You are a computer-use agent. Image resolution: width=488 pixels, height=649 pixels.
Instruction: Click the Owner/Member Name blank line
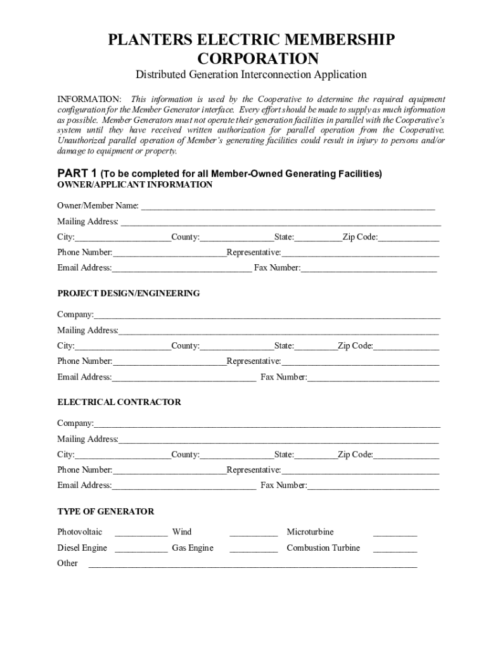[287, 207]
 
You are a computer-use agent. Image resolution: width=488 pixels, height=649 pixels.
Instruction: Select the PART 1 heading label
[77, 173]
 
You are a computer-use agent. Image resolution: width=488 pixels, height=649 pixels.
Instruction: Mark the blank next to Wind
[254, 533]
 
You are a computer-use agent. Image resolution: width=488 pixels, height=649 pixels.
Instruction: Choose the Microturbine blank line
[395, 533]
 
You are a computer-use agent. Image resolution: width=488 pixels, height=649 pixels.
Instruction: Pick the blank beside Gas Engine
[254, 549]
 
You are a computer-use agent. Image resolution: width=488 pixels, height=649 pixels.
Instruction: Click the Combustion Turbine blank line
[395, 549]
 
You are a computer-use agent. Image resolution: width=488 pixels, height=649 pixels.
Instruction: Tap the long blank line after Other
[256, 564]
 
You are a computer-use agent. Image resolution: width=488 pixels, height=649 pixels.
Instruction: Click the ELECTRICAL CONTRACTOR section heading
[119, 402]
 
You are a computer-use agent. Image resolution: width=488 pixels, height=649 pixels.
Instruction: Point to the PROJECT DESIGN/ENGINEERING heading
[129, 293]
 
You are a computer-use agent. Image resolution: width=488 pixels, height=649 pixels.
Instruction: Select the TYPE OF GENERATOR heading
[106, 511]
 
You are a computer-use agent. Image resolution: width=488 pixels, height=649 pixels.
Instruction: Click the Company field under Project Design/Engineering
[267, 316]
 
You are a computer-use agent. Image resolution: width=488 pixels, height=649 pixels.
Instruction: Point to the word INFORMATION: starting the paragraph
[89, 100]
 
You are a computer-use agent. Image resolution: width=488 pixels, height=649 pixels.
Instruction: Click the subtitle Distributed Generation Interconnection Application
[251, 75]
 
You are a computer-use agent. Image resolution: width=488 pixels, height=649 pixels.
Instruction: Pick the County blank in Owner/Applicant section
[236, 238]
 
